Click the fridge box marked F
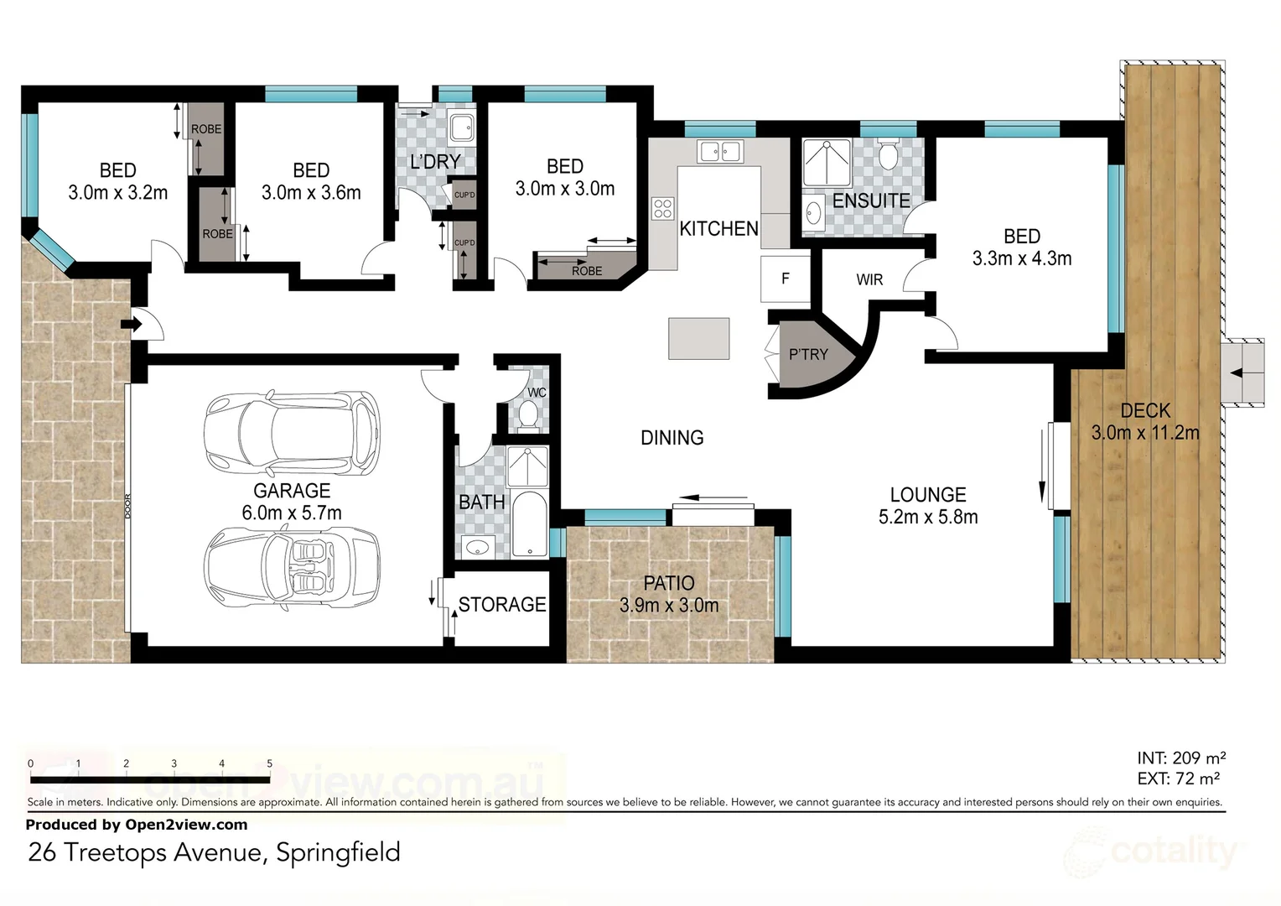(785, 279)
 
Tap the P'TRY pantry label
(807, 354)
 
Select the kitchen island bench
(698, 338)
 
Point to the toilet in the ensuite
(888, 154)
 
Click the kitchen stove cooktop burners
(662, 208)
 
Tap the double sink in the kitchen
(719, 152)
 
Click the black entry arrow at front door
(132, 324)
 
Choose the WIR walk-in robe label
(869, 279)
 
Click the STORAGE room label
(502, 604)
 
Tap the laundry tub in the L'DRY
(461, 128)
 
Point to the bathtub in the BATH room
(529, 525)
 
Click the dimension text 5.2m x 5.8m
(928, 518)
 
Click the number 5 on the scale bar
(269, 763)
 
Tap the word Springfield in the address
(338, 852)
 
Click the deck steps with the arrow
(1242, 372)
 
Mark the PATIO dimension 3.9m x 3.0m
(669, 605)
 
